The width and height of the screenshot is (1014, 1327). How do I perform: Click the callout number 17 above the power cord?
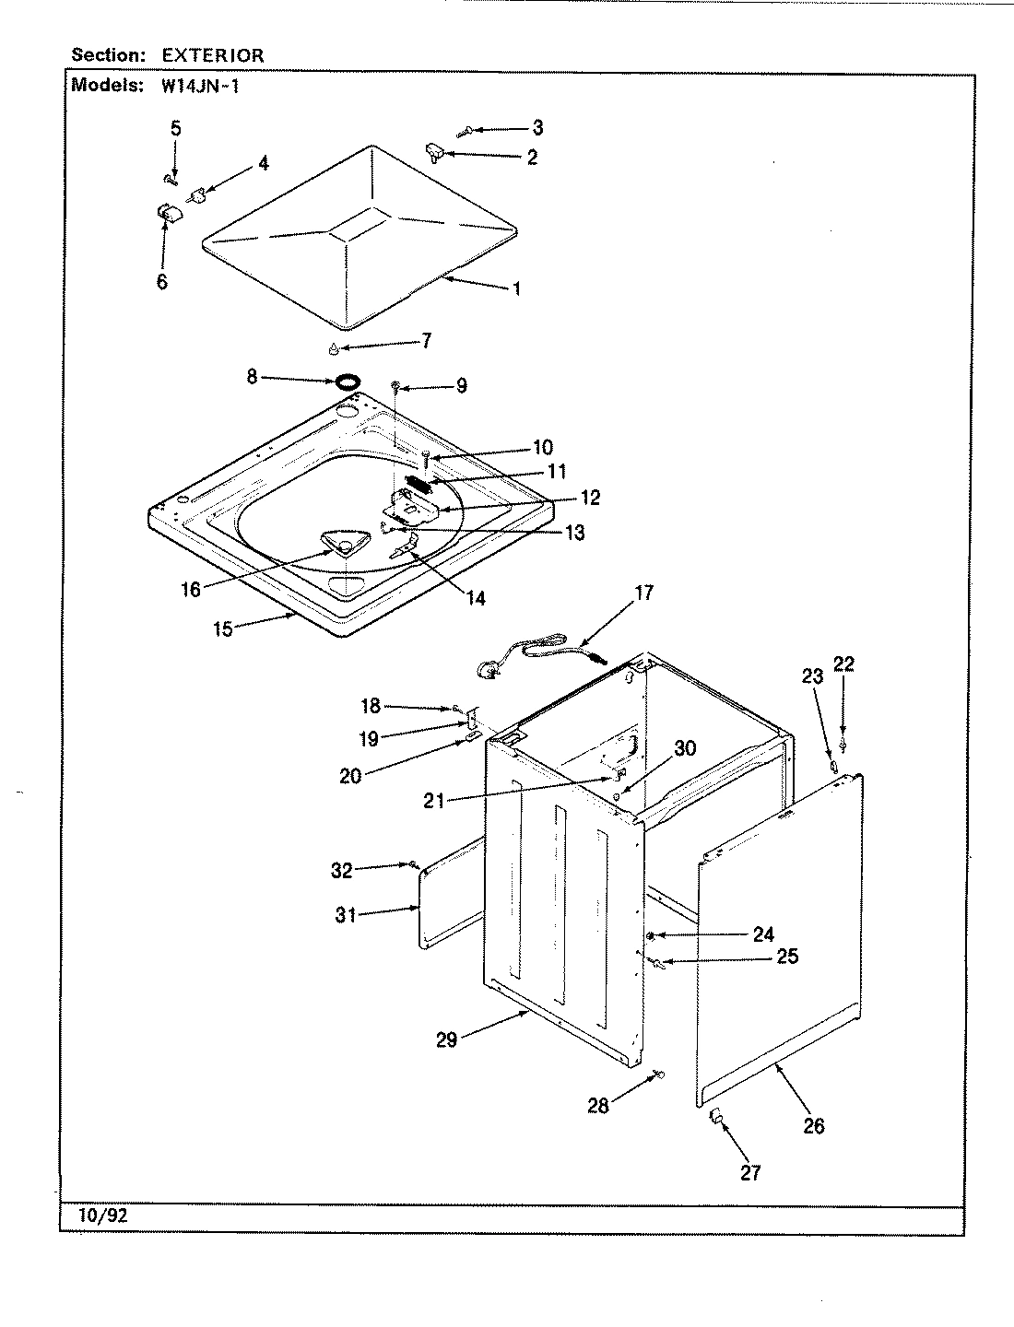pyautogui.click(x=643, y=593)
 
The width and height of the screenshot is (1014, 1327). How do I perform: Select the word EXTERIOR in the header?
pyautogui.click(x=213, y=55)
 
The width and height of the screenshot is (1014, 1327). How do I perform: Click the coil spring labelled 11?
pyautogui.click(x=419, y=483)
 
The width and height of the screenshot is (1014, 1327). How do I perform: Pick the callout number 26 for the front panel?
pyautogui.click(x=813, y=1125)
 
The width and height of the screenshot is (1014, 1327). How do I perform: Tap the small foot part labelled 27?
pyautogui.click(x=716, y=1119)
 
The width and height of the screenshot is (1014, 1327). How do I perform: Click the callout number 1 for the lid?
pyautogui.click(x=516, y=288)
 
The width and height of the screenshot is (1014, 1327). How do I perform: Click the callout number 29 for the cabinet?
pyautogui.click(x=447, y=1041)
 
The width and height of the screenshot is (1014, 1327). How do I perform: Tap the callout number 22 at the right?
pyautogui.click(x=843, y=663)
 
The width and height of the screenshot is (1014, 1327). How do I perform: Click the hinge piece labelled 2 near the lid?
pyautogui.click(x=435, y=151)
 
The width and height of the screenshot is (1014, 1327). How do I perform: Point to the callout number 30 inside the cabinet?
pyautogui.click(x=685, y=748)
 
